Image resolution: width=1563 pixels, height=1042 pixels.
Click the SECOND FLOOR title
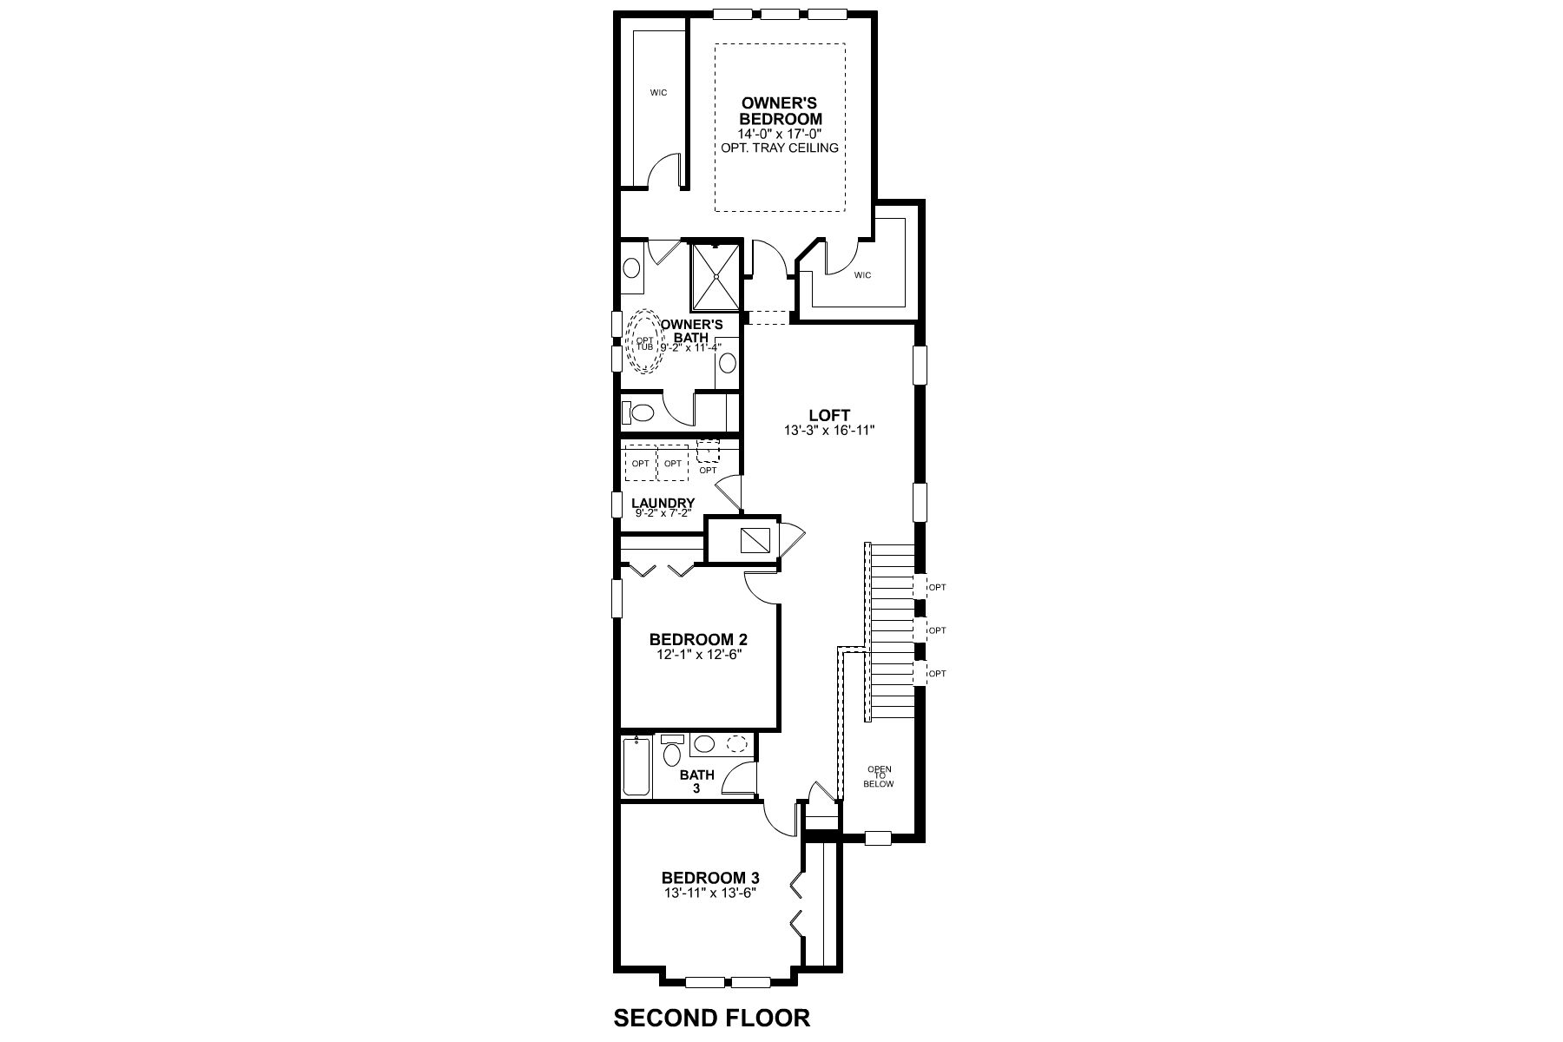click(711, 1018)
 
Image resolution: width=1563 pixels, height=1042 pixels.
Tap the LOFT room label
click(829, 415)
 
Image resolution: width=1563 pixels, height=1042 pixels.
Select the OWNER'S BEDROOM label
click(780, 111)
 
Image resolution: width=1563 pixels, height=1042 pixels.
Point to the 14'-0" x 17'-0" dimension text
click(780, 134)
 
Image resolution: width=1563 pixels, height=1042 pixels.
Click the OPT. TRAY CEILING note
click(780, 148)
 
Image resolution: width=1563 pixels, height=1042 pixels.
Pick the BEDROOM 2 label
click(698, 640)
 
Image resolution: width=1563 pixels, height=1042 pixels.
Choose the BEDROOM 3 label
click(710, 878)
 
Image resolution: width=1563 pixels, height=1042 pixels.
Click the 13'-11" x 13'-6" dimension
click(710, 893)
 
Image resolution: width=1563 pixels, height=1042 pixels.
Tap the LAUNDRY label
click(663, 503)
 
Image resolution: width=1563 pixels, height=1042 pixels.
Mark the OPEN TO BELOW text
click(878, 776)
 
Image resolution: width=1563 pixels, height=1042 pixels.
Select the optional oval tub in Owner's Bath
click(644, 342)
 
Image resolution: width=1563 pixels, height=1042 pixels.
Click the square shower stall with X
click(716, 276)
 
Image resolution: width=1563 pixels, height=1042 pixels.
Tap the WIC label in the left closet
click(659, 93)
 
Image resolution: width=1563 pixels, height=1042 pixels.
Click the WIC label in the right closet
click(862, 275)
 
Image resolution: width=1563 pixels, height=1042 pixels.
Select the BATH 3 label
click(696, 781)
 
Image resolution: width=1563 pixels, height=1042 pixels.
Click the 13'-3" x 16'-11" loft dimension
click(829, 430)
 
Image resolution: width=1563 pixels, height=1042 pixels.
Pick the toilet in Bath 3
click(672, 753)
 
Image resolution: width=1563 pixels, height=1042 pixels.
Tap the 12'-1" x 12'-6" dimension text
click(698, 655)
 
